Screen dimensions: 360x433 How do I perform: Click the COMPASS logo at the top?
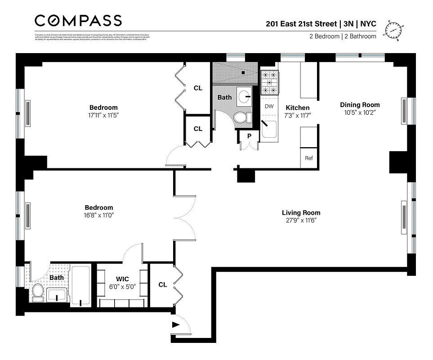[x=78, y=21]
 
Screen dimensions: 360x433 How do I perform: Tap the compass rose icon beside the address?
[x=393, y=31]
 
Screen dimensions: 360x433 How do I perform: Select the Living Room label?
[x=301, y=213]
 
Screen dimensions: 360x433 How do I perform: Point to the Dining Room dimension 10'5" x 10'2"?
[x=360, y=112]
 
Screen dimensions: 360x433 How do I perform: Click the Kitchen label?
[x=298, y=108]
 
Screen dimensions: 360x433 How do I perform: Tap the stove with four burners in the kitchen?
[x=269, y=83]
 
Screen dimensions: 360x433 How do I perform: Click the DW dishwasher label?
[x=269, y=107]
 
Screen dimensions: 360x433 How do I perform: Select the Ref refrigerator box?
[x=309, y=158]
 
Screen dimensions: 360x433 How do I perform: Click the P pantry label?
[x=249, y=136]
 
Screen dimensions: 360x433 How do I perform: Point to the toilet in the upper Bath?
[x=241, y=117]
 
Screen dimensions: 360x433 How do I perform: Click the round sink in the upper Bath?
[x=246, y=96]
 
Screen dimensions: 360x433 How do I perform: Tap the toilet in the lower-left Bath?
[x=37, y=292]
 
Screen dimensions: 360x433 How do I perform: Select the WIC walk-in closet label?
[x=122, y=279]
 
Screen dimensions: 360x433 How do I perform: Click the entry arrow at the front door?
[x=175, y=324]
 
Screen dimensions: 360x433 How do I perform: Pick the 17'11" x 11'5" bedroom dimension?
[x=103, y=115]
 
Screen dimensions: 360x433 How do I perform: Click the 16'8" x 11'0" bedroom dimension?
[x=99, y=215]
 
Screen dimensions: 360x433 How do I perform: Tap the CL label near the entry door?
[x=162, y=284]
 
